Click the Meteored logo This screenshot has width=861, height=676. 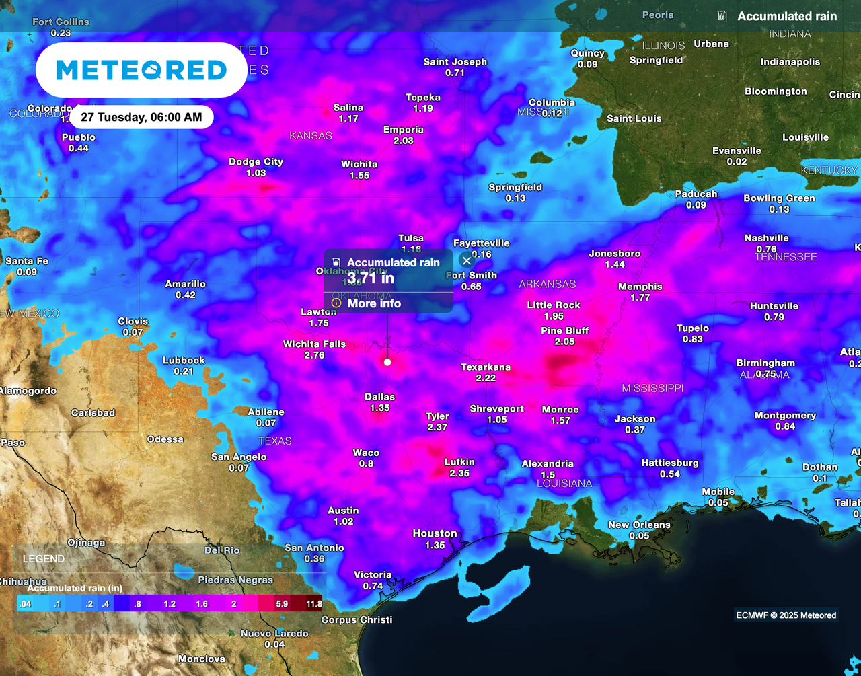click(x=141, y=70)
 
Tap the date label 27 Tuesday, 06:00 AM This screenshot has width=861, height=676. click(x=141, y=118)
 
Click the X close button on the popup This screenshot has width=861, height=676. click(x=467, y=260)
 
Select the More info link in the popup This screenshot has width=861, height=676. click(x=374, y=303)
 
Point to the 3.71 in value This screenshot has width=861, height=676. click(x=371, y=277)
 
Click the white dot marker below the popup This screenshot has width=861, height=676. click(x=387, y=362)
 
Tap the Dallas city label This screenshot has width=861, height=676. click(x=379, y=397)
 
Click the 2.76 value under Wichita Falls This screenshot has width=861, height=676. click(x=314, y=355)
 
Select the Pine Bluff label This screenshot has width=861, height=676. click(x=564, y=330)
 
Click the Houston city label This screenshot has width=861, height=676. click(x=435, y=533)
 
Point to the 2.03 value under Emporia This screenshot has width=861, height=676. click(x=403, y=141)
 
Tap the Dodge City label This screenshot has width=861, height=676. click(x=256, y=161)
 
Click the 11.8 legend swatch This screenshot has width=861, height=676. click(x=313, y=603)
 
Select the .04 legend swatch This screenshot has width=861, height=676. click(x=26, y=603)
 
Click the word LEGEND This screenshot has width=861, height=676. click(x=44, y=559)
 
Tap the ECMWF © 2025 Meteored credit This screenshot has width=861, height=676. click(x=786, y=615)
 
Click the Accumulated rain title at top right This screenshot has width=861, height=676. click(x=787, y=16)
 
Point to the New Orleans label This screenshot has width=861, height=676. click(x=639, y=525)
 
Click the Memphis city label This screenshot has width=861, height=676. click(x=640, y=287)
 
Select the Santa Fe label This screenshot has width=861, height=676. click(x=27, y=261)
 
